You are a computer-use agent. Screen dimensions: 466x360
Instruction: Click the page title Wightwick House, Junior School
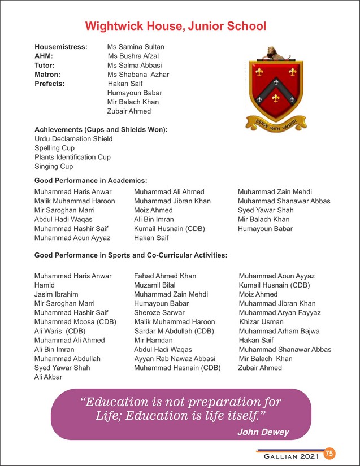[175, 27]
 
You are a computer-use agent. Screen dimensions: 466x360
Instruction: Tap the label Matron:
[47, 75]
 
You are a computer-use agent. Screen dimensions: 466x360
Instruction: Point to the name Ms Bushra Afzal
[133, 56]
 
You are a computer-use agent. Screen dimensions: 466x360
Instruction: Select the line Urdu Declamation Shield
[73, 139]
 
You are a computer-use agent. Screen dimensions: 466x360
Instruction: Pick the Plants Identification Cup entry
[72, 157]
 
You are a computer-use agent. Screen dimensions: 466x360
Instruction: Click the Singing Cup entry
[54, 167]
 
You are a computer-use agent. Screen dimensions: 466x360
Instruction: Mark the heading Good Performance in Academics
[90, 181]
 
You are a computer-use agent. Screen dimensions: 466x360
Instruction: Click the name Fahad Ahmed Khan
[165, 276]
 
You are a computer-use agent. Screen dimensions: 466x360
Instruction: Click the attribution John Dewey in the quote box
[263, 432]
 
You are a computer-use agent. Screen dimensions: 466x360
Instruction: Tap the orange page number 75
[330, 454]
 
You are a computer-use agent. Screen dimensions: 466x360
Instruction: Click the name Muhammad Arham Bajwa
[279, 331]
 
